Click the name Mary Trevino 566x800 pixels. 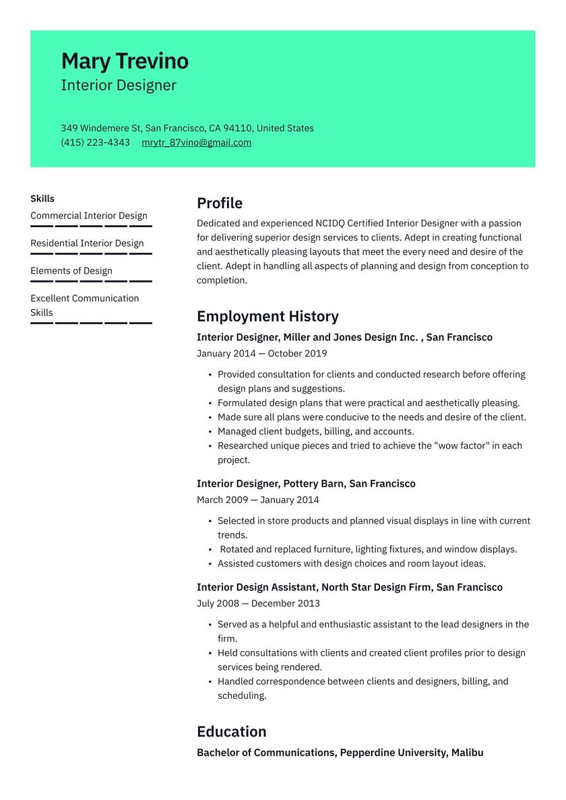pos(125,61)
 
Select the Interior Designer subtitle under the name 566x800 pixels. pos(119,86)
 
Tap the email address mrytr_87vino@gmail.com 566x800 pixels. pos(196,143)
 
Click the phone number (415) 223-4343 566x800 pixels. pos(95,143)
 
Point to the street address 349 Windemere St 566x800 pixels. pos(101,128)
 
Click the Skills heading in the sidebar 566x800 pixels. pos(42,199)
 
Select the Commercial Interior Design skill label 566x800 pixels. pos(89,216)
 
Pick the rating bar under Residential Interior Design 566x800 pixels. pos(91,253)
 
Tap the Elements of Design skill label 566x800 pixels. pos(71,271)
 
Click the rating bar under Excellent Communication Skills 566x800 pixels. pos(91,323)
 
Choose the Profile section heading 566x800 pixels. pos(220,204)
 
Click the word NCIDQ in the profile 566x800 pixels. pos(333,223)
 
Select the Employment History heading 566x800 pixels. pos(268,317)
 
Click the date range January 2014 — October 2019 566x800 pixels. pos(261,354)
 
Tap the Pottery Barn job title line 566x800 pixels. pos(306,484)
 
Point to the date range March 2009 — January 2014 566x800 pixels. pos(257,500)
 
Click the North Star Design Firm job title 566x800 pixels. pos(349,588)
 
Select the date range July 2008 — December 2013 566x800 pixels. pos(258,604)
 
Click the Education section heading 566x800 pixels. pos(231,732)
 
